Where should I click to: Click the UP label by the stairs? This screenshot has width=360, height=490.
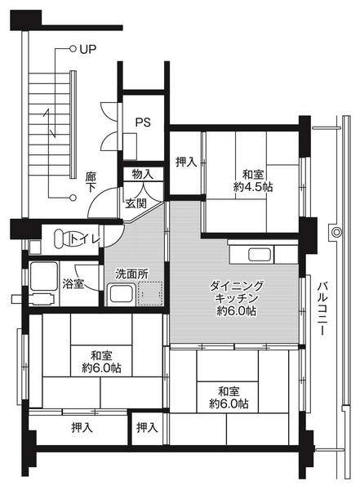click(x=87, y=49)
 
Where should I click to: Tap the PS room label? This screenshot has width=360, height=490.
click(x=142, y=123)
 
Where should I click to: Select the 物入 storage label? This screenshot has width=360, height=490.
click(x=141, y=174)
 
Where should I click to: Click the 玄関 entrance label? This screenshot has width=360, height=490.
click(x=136, y=203)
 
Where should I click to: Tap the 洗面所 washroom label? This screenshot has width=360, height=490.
click(x=131, y=274)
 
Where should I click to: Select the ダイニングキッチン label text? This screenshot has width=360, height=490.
click(x=236, y=292)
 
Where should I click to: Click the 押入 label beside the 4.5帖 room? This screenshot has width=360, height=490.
click(x=186, y=162)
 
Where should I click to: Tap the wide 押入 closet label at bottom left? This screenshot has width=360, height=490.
click(x=81, y=427)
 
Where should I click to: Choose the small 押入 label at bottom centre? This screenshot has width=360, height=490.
click(x=147, y=427)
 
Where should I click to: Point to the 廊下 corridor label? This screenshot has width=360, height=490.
click(x=90, y=181)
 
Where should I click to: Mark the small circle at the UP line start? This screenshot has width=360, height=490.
click(x=73, y=49)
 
